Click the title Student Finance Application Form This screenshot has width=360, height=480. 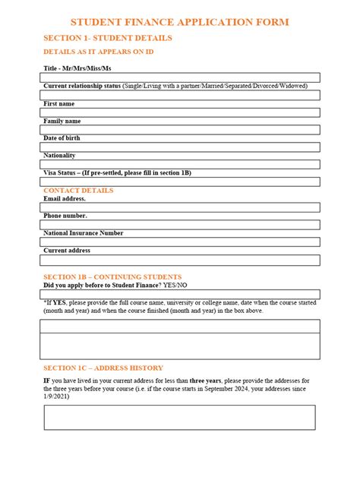click(180, 23)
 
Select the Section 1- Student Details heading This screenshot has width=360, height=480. click(107, 38)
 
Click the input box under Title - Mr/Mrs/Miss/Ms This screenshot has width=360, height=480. click(181, 77)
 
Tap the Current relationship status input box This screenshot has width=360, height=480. click(181, 95)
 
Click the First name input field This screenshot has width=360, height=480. click(181, 112)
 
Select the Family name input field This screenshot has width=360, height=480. click(181, 130)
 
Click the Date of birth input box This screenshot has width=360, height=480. click(181, 147)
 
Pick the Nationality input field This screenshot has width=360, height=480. click(181, 164)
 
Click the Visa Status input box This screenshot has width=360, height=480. click(181, 182)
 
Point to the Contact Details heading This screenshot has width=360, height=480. click(78, 190)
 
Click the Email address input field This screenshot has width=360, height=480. click(181, 207)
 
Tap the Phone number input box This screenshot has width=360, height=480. click(181, 224)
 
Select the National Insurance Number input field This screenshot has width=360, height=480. click(181, 242)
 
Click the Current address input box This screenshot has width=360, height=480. click(181, 259)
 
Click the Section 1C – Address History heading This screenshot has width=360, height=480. click(103, 368)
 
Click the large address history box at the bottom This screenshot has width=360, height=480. click(179, 417)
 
